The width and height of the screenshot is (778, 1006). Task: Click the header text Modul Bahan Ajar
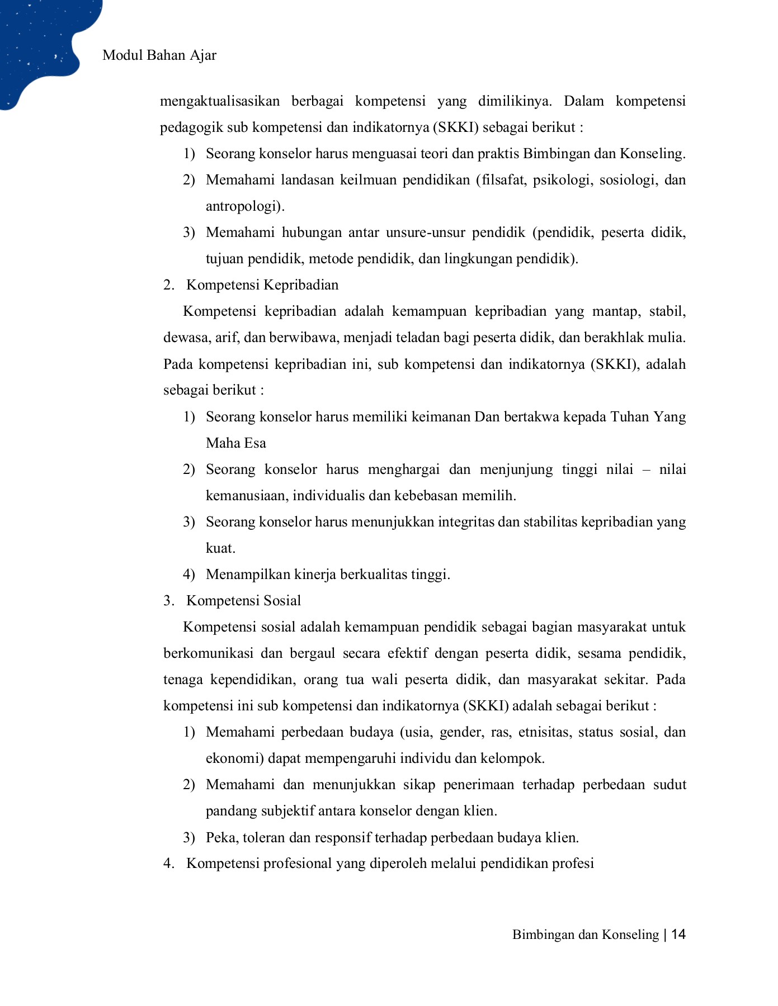[159, 55]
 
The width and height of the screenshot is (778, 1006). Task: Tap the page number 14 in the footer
[678, 934]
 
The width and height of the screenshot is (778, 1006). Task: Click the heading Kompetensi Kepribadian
[262, 285]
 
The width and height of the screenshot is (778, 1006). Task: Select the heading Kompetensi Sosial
[243, 601]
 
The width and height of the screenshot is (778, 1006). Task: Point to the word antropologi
[244, 206]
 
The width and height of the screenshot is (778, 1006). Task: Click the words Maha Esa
[235, 443]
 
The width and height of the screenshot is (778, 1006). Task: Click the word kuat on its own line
[219, 548]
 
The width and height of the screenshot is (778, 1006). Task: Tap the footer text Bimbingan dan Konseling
[585, 935]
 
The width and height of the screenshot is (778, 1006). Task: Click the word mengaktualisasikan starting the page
[220, 101]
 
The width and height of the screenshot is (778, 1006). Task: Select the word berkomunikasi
[208, 653]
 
